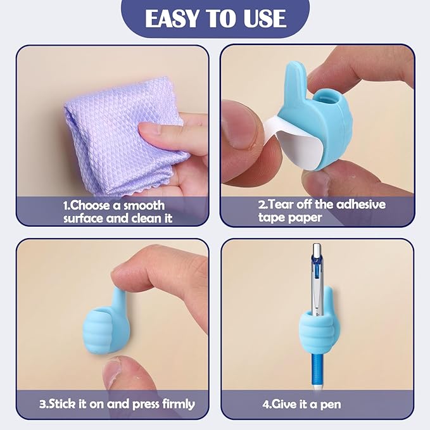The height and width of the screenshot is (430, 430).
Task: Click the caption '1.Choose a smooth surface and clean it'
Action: [114, 212]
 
